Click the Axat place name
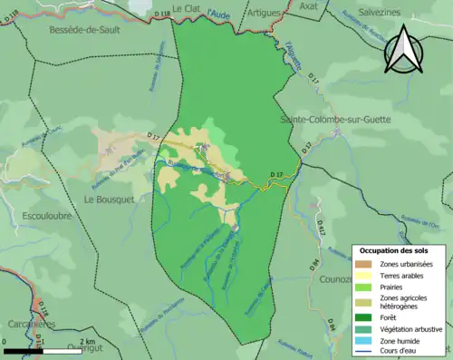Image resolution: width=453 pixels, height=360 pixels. (x=309, y=6)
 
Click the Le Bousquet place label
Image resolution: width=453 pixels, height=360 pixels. (x=110, y=197)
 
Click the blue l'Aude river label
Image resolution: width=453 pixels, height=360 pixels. (x=218, y=13)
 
